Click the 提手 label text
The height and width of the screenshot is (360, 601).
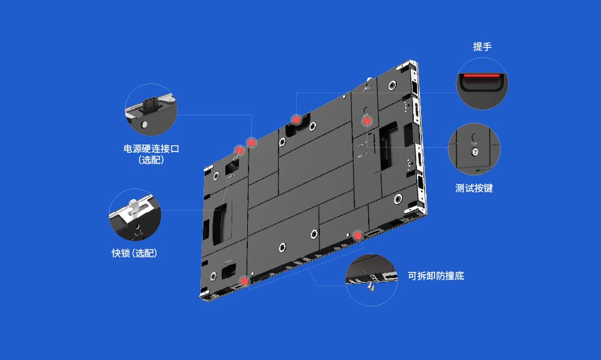point(482,47)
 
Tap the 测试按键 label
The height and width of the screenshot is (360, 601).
point(474,188)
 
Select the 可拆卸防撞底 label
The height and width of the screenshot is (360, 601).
point(436,275)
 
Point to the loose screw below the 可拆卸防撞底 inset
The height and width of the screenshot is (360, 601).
point(371,287)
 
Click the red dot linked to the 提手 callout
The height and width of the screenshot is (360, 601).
point(296,119)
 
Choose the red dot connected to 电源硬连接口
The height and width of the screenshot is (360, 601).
point(251,143)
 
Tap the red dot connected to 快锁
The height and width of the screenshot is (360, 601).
point(239,150)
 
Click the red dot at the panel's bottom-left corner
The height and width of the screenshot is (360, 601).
point(245,281)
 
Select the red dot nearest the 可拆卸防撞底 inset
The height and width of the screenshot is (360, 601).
point(357,235)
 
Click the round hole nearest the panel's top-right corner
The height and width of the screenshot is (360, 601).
point(392,85)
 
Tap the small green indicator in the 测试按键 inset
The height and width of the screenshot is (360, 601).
point(479,170)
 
